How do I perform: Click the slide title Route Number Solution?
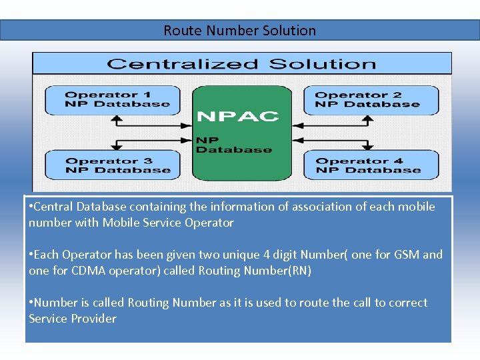(240, 31)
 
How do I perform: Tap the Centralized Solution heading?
(241, 64)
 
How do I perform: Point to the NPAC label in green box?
(237, 117)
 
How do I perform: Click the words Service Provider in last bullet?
(72, 319)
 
